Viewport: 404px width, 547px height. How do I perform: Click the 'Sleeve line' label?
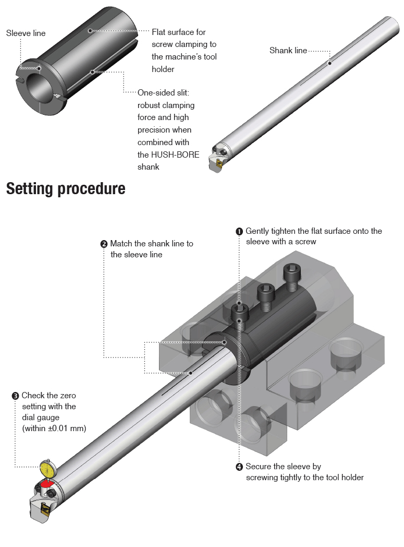pyautogui.click(x=26, y=33)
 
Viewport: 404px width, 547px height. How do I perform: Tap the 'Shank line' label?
pyautogui.click(x=288, y=51)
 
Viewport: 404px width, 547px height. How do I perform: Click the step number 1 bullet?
pyautogui.click(x=239, y=231)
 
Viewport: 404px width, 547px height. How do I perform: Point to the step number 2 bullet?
pyautogui.click(x=104, y=244)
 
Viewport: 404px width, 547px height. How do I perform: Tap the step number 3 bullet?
pyautogui.click(x=16, y=396)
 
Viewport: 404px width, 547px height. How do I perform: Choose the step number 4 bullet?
pyautogui.click(x=239, y=467)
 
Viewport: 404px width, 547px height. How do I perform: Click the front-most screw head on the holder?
pyautogui.click(x=239, y=313)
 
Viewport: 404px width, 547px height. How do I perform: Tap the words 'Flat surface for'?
pyautogui.click(x=179, y=32)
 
